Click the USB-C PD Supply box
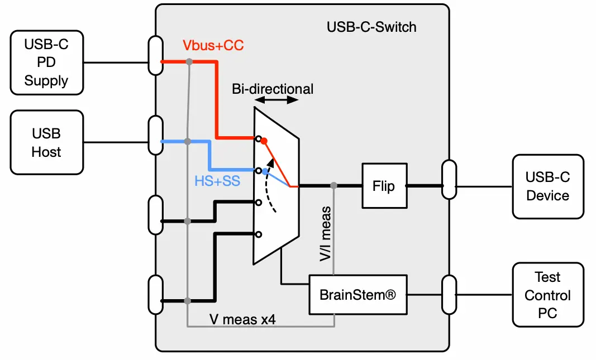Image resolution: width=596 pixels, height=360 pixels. (x=46, y=63)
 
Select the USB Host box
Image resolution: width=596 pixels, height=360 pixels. (x=46, y=142)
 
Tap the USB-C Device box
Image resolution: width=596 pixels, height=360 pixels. (x=547, y=186)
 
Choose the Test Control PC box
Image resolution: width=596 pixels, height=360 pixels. (x=547, y=295)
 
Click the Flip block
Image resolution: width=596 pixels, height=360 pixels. (x=383, y=186)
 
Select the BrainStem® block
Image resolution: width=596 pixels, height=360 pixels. (x=357, y=294)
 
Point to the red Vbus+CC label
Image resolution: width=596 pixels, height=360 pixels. (x=213, y=46)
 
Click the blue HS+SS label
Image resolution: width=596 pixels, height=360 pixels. (x=217, y=181)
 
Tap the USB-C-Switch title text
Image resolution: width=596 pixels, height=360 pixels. (x=371, y=27)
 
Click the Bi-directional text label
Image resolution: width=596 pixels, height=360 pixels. (x=273, y=89)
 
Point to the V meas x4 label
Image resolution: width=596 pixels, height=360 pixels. (x=242, y=319)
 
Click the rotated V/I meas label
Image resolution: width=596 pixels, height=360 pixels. (x=326, y=234)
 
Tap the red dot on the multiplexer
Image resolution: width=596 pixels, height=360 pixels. (x=264, y=141)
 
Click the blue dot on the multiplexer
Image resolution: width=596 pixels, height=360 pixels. (x=265, y=171)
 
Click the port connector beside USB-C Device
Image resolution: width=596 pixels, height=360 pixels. (x=449, y=179)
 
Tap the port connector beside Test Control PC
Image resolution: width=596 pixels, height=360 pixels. (x=449, y=294)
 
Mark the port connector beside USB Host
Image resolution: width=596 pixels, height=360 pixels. (x=156, y=136)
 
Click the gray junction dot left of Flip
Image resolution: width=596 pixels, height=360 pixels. (x=333, y=185)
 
